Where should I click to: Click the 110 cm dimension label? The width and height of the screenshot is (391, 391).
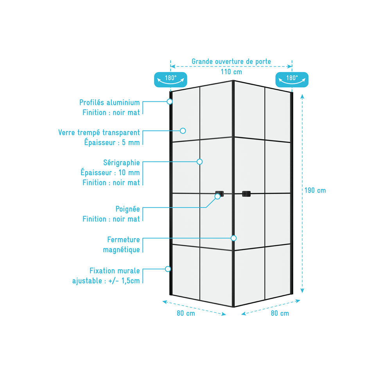click(231, 72)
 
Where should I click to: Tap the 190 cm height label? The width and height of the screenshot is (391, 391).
click(315, 190)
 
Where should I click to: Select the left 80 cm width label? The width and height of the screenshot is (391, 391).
click(186, 313)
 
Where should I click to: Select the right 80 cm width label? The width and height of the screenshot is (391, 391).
click(280, 313)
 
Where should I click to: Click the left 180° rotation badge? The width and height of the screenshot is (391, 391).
click(170, 79)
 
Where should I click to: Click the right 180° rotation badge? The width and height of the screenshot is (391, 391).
click(292, 79)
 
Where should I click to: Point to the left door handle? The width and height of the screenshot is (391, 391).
click(219, 194)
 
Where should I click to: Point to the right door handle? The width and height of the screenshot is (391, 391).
click(246, 194)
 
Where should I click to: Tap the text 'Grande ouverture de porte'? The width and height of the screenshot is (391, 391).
click(231, 61)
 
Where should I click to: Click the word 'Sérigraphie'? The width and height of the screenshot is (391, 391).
click(122, 163)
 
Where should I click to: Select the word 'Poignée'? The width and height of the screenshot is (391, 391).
click(127, 209)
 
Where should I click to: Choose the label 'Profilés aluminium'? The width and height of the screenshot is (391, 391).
click(109, 102)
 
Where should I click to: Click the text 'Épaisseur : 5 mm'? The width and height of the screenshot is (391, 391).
click(112, 142)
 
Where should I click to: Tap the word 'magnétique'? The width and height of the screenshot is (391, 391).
click(121, 249)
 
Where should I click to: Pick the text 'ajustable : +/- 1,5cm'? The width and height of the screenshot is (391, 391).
click(106, 281)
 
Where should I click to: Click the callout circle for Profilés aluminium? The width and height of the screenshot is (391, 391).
click(170, 102)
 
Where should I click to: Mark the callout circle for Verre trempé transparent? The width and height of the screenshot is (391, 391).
click(183, 131)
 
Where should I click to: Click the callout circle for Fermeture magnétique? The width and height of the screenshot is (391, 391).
click(233, 238)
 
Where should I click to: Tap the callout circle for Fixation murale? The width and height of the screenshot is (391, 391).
click(168, 269)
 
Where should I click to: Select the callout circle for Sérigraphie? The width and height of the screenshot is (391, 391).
click(199, 161)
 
